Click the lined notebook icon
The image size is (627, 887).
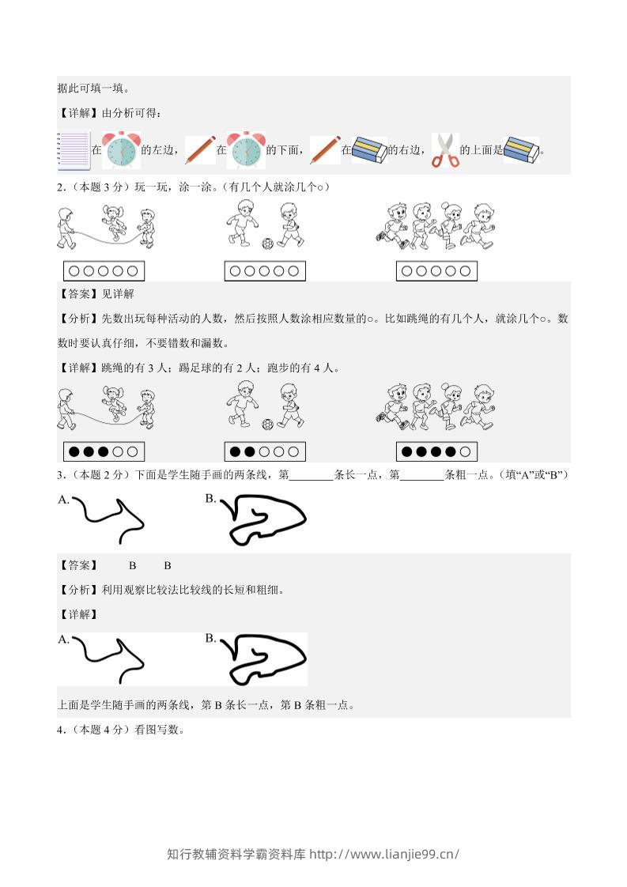pos(74,151)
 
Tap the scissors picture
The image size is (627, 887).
pos(446,150)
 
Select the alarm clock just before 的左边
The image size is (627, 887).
pos(121,150)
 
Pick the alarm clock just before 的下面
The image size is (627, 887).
pos(246,150)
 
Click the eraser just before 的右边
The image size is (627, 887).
pos(369,150)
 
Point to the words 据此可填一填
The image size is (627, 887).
pos(91,89)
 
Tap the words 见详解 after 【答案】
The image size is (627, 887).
pos(118,294)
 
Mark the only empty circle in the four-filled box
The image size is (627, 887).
pos(465,452)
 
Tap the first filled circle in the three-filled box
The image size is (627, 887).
pos(74,452)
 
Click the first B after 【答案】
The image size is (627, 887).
pos(132,566)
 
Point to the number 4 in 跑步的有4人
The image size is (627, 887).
pos(317,368)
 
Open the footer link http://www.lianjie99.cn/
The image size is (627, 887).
pos(384,854)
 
